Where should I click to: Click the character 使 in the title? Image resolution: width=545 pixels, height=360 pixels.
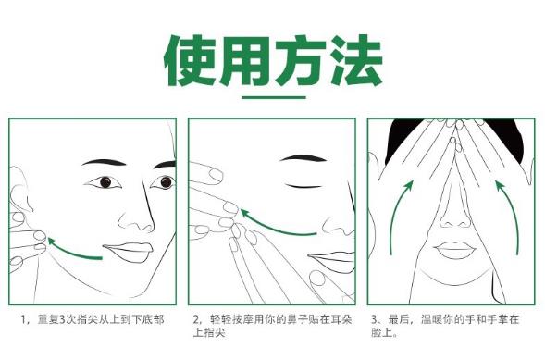tap(191, 60)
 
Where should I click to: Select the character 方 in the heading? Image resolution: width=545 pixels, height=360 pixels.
tap(301, 60)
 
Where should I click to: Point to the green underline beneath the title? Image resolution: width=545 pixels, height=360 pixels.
tap(274, 97)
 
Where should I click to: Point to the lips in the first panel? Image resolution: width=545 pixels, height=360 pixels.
tap(128, 251)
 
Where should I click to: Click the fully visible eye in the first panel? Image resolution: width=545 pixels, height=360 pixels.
tap(104, 182)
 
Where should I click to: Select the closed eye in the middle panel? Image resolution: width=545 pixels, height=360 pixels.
tap(303, 186)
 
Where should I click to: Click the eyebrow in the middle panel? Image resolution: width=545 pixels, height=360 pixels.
tap(303, 158)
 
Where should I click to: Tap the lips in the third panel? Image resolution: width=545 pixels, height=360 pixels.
tap(454, 250)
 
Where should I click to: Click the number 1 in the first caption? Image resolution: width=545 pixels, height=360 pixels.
tap(24, 319)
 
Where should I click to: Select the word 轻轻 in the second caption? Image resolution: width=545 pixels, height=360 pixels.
tap(220, 319)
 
